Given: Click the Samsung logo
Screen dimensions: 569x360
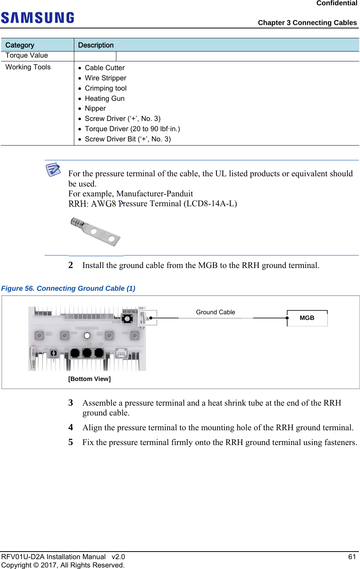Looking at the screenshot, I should [x=38, y=17].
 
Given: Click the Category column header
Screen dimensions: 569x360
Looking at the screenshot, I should [x=20, y=45].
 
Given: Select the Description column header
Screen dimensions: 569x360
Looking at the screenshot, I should [x=95, y=45].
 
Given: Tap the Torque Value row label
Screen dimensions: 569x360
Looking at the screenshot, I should [x=27, y=55].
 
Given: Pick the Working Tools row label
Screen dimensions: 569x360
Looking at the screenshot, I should [x=28, y=67].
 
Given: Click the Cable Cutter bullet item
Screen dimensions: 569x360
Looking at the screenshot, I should [x=105, y=68].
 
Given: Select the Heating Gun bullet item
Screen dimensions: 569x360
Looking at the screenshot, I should [x=105, y=99].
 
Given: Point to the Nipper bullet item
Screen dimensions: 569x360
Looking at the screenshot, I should [x=95, y=108].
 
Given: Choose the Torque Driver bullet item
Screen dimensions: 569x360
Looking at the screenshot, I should [x=132, y=129].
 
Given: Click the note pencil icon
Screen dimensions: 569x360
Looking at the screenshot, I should [x=53, y=169].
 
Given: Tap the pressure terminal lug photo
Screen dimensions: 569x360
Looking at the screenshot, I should [x=95, y=231].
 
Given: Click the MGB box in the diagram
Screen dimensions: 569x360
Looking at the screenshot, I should [x=307, y=318].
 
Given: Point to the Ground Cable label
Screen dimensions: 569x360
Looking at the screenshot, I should [x=215, y=312].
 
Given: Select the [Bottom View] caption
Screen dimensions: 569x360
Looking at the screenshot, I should [x=89, y=379].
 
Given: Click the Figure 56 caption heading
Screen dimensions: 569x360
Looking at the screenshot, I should [x=68, y=288].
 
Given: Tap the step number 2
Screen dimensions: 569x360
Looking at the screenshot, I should [x=71, y=265].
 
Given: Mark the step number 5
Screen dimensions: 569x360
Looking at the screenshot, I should [x=71, y=442].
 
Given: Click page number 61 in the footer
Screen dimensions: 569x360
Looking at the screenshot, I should [x=352, y=556].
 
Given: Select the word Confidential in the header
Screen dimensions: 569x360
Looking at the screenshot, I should [x=337, y=3].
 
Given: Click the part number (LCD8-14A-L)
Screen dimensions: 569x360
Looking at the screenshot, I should [x=210, y=204].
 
